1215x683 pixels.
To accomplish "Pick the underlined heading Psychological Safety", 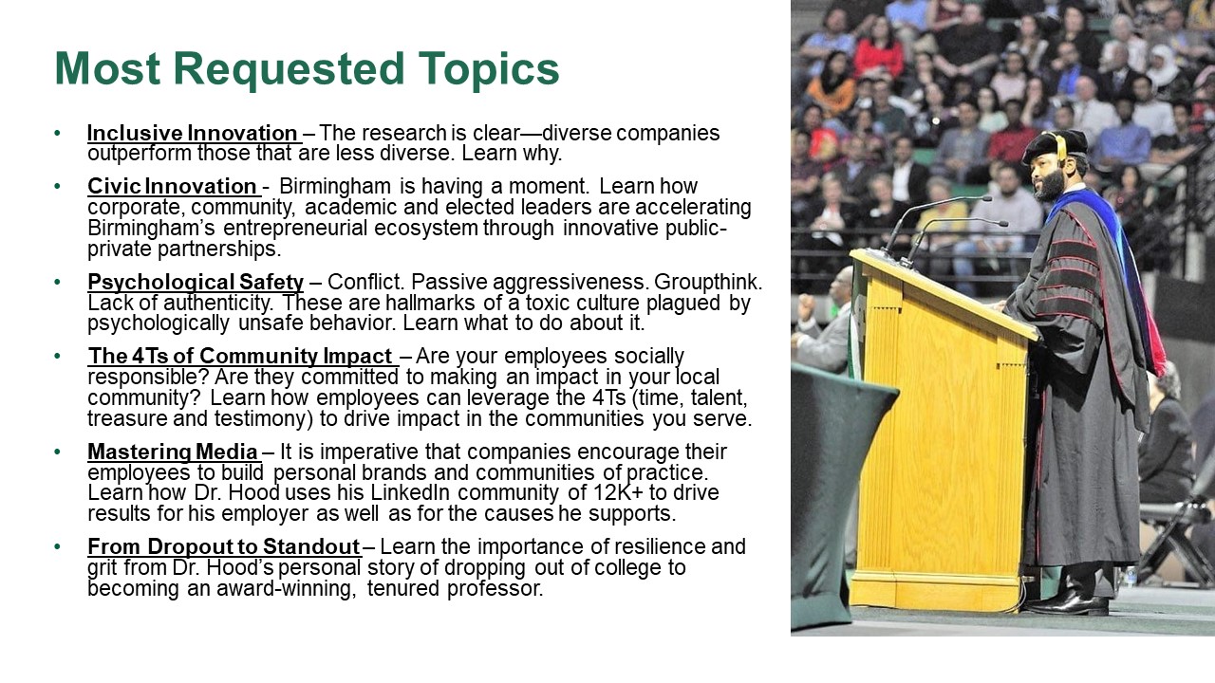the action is coord(196,283).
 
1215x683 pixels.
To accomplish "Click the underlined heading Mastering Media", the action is coord(173,452).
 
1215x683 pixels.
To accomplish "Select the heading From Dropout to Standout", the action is coord(223,547).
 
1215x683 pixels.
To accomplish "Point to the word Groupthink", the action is coord(708,283).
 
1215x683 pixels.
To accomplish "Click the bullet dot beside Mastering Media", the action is coord(58,452).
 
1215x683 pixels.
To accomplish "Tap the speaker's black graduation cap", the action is coord(1055,145).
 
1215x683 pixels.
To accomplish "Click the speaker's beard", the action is coord(1051,184).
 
